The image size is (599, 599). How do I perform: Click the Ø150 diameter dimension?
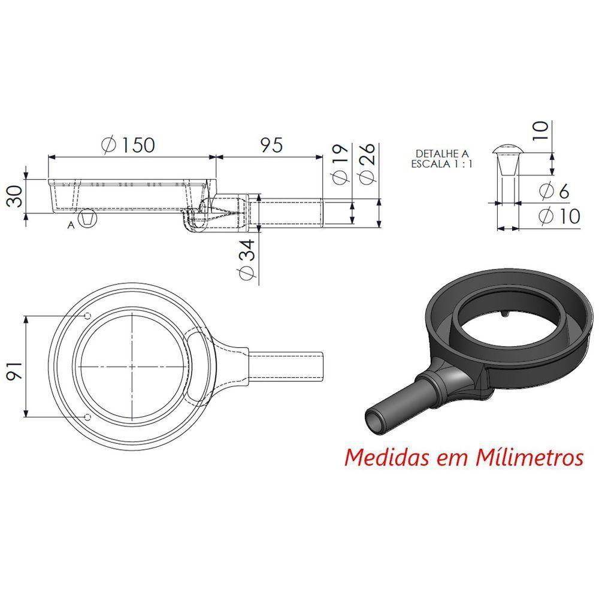(x=129, y=144)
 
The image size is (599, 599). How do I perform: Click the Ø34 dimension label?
(x=247, y=259)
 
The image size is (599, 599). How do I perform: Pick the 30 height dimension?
(x=14, y=196)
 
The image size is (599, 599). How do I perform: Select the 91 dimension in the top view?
(x=14, y=367)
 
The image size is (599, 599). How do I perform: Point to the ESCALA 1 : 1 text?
(x=441, y=164)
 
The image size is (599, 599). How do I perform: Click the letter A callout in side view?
(x=71, y=225)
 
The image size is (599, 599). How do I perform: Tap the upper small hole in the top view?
(x=88, y=316)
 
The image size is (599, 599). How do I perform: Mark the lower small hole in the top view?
(x=88, y=416)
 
